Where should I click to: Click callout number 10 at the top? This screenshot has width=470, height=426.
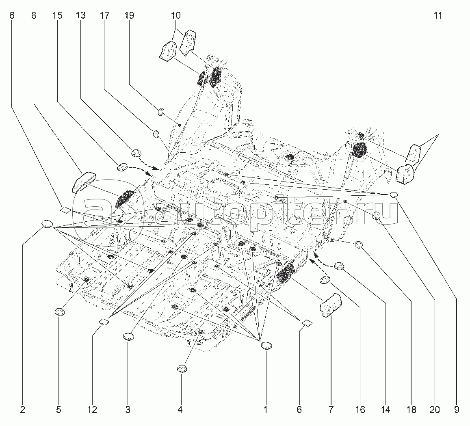tap(175, 16)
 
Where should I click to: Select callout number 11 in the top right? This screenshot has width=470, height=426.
tap(437, 16)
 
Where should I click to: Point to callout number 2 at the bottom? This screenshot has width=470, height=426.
tap(22, 410)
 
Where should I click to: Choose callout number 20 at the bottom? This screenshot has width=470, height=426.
tap(435, 410)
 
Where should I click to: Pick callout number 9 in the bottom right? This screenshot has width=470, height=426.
tap(457, 410)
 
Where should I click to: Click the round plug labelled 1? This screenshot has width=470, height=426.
tap(266, 346)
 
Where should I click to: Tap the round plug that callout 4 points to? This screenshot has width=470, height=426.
tap(181, 368)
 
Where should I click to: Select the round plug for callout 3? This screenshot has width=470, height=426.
tap(128, 336)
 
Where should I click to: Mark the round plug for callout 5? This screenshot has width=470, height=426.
tap(60, 312)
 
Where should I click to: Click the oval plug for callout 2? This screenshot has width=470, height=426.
tap(48, 224)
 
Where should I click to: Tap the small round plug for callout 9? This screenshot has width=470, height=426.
tap(393, 195)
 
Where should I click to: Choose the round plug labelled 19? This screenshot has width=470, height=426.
tap(161, 112)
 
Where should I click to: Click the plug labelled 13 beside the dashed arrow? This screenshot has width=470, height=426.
tap(136, 153)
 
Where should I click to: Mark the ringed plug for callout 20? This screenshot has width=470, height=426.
tap(377, 216)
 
